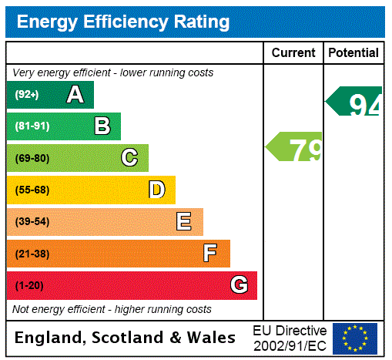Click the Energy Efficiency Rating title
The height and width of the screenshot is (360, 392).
pos(123,22)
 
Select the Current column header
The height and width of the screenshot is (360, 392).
pos(293,52)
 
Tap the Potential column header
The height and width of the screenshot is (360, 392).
pos(353,52)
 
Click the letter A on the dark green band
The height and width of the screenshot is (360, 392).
pos(75,95)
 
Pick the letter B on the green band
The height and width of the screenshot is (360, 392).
pos(102,126)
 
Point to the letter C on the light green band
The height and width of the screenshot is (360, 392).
pos(129,158)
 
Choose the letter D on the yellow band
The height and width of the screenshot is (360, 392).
pos(157,190)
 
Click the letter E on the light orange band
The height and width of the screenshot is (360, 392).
pos(184,222)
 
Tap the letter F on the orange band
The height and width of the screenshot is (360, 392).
pos(210,254)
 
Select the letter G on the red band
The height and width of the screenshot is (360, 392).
pos(239,285)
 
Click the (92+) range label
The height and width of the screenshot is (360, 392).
pos(27,95)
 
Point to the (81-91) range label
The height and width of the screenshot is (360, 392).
pos(32,126)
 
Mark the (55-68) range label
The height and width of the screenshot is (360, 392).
pos(32,190)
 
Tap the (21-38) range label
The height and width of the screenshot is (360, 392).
pos(32,254)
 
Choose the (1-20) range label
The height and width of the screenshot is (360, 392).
pos(29,285)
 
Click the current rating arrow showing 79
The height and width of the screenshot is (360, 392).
pos(295,147)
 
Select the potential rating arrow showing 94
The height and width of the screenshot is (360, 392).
pos(354,102)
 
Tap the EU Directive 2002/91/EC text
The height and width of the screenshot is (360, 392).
pos(290,338)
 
